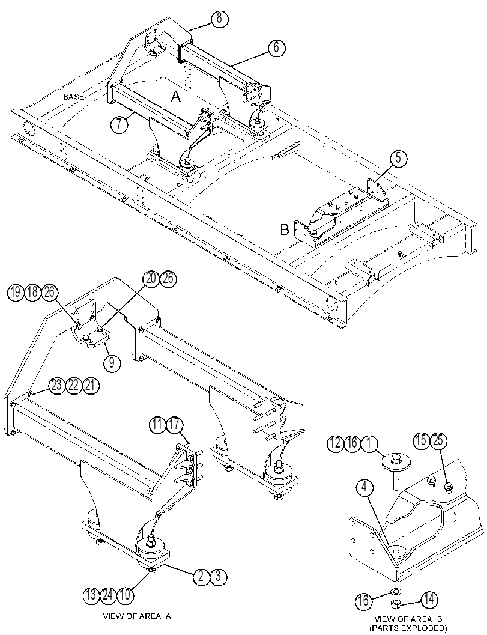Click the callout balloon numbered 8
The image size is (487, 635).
[x=219, y=19]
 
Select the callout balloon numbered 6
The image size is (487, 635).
[x=276, y=48]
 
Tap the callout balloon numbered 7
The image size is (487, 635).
[x=119, y=124]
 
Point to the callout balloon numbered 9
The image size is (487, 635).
[x=112, y=363]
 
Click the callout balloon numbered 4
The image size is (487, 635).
[x=365, y=488]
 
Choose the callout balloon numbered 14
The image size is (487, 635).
[x=429, y=600]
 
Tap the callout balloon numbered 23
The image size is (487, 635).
[x=57, y=385]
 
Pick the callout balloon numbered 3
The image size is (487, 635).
[x=218, y=576]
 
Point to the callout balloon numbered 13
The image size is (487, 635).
[x=91, y=595]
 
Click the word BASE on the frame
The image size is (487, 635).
[x=74, y=97]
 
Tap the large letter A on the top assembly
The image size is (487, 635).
[x=175, y=96]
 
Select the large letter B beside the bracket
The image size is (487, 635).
[x=285, y=229]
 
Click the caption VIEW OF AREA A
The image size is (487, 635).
[x=138, y=616]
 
